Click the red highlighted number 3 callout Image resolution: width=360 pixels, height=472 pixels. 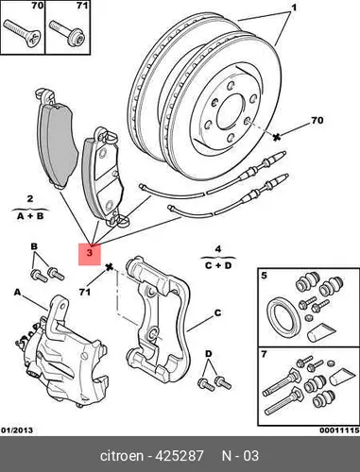pos(90,254)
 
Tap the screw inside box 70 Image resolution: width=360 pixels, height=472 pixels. pos(22,33)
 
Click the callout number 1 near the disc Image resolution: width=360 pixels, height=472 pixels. pos(294,7)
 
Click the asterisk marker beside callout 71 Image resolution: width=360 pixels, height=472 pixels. pos(110,268)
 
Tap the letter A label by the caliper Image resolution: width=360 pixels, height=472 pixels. pos(17,293)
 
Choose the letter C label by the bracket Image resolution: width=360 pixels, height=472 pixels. pos(218,313)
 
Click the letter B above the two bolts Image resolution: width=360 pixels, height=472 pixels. pos(34,246)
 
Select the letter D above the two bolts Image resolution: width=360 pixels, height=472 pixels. pos(209,354)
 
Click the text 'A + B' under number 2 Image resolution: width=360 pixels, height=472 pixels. pos(30,216)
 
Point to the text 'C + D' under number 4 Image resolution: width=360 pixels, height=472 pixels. pos(218,265)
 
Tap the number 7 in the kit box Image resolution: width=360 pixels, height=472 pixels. pos(264,354)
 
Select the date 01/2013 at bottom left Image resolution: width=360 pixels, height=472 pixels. pos(17,430)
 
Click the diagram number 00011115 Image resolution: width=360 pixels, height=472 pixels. pos(339,430)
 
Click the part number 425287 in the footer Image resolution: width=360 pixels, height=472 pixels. pos(180,456)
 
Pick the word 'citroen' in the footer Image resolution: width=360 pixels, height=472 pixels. pos(122,456)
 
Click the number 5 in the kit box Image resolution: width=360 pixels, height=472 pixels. pos(264,276)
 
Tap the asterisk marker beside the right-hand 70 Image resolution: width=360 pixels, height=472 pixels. pos(277,137)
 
